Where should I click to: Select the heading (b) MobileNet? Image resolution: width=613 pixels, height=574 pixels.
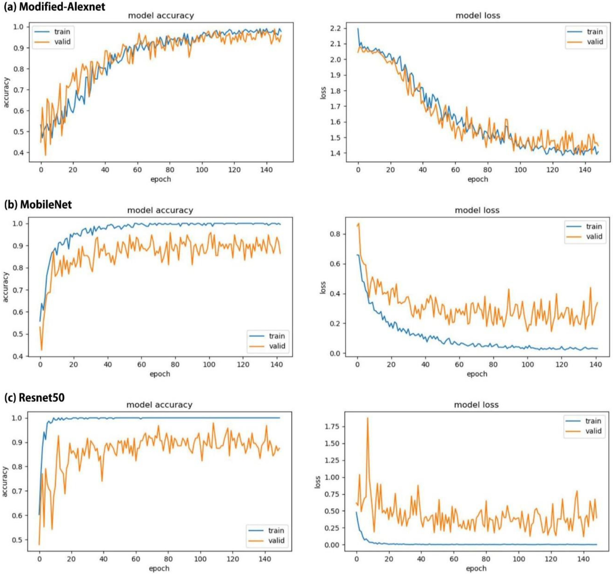[x=38, y=205]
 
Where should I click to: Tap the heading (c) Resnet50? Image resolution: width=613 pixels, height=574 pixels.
[x=34, y=398]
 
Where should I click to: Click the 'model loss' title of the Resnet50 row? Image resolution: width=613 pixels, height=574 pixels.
[x=476, y=405]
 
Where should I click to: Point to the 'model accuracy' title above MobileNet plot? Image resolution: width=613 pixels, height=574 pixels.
[x=160, y=210]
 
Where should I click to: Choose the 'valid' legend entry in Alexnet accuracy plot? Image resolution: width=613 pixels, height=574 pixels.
[x=62, y=42]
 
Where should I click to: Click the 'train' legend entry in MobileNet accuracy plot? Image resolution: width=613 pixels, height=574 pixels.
[x=277, y=336]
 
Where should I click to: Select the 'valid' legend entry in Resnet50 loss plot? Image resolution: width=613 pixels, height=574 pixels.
[x=593, y=431]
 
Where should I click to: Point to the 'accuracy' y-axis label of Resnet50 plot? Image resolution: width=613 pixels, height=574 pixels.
[x=5, y=481]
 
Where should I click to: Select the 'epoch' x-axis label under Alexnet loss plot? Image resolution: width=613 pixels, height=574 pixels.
[x=478, y=179]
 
